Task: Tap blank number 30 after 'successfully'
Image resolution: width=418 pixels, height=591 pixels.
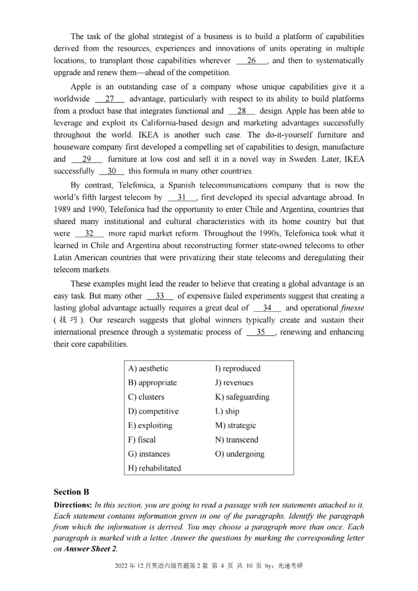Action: pos(112,171)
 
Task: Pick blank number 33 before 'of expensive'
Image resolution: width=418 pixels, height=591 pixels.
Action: pos(160,296)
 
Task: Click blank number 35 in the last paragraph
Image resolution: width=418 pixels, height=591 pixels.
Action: pos(261,332)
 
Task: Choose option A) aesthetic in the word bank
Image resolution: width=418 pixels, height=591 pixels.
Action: pos(148,368)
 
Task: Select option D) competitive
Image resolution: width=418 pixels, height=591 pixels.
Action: pos(153,411)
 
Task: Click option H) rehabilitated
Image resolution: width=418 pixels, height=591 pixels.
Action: pos(154,468)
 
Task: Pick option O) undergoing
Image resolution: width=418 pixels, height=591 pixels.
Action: pos(240,454)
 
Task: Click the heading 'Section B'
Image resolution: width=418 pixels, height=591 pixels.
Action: pos(72,492)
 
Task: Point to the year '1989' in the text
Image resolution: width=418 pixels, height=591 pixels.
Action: pos(63,209)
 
